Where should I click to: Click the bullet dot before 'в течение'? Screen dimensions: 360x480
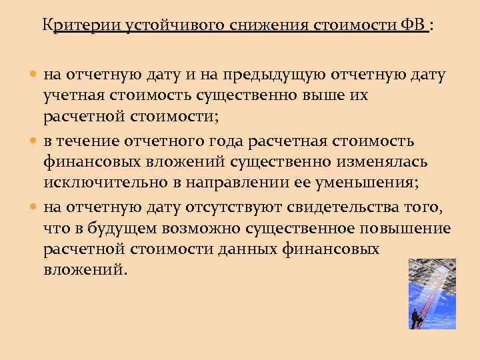[35, 141]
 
